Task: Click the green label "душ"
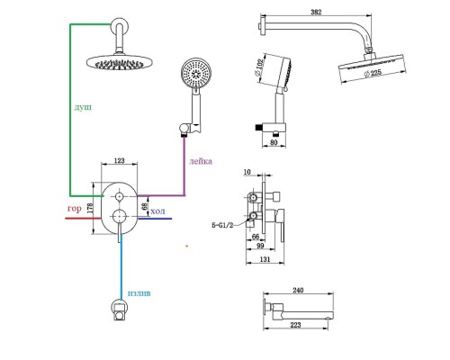tap(83, 107)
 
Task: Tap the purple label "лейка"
tap(201, 161)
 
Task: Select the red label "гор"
tap(75, 209)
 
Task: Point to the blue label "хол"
tap(157, 211)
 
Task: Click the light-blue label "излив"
tap(139, 293)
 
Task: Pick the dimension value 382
tap(316, 12)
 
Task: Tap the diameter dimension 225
tap(373, 73)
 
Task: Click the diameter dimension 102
tap(258, 67)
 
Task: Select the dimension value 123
tap(120, 160)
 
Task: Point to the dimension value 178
tap(90, 208)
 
